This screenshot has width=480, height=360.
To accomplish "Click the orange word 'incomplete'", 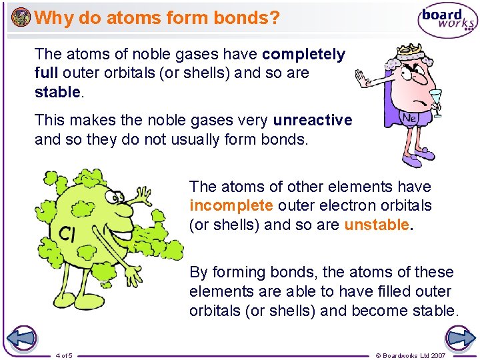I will coord(231,205).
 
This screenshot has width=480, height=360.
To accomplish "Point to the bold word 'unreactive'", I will coord(313,120).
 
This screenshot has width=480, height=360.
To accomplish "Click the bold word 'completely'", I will coord(304,54).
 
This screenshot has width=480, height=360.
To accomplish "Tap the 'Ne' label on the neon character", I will coord(408,116).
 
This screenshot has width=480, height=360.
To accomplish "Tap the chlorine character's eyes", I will coord(117,197).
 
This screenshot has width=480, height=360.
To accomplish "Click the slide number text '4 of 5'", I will coord(65,355).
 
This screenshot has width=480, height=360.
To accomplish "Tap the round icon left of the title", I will coord(21,17).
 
